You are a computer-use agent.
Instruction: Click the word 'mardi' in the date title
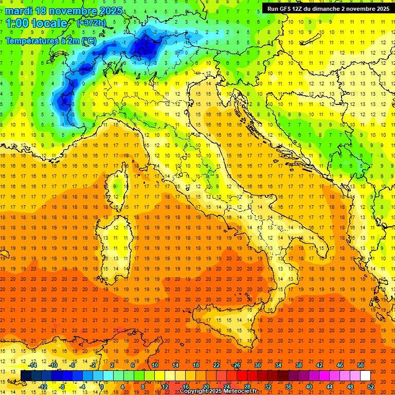(19, 11)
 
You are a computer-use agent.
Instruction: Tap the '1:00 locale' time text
(37, 23)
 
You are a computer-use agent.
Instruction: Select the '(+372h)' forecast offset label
(92, 23)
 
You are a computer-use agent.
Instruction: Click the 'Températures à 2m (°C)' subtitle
(50, 41)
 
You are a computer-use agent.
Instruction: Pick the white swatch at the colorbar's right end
(365, 376)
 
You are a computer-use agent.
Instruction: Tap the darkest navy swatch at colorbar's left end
(26, 376)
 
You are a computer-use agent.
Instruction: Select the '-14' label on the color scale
(32, 365)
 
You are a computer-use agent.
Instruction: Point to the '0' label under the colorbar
(102, 386)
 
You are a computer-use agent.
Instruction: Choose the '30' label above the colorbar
(257, 365)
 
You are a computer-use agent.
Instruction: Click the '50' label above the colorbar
(361, 365)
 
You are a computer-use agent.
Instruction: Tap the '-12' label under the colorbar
(43, 386)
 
